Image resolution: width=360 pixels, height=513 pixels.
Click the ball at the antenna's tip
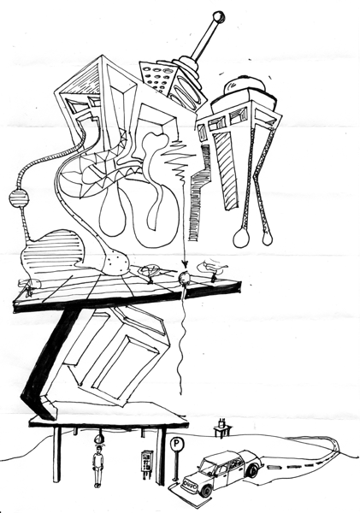219,17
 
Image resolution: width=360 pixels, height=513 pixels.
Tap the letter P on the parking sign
176,444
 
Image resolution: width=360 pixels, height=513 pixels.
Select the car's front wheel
207,490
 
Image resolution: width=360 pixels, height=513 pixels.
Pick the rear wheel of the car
252,470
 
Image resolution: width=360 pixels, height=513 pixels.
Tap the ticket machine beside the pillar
146,462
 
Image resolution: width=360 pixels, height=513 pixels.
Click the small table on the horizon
222,429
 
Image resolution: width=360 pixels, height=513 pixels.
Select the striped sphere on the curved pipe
19,198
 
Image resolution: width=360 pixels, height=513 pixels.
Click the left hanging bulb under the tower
241,238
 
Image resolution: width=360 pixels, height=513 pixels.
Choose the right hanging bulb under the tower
268,238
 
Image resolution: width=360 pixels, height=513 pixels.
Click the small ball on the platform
184,278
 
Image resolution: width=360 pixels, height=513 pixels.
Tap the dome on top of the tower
245,85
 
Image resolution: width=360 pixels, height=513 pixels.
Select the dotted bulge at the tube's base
119,261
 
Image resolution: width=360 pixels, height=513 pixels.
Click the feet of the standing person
97,486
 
